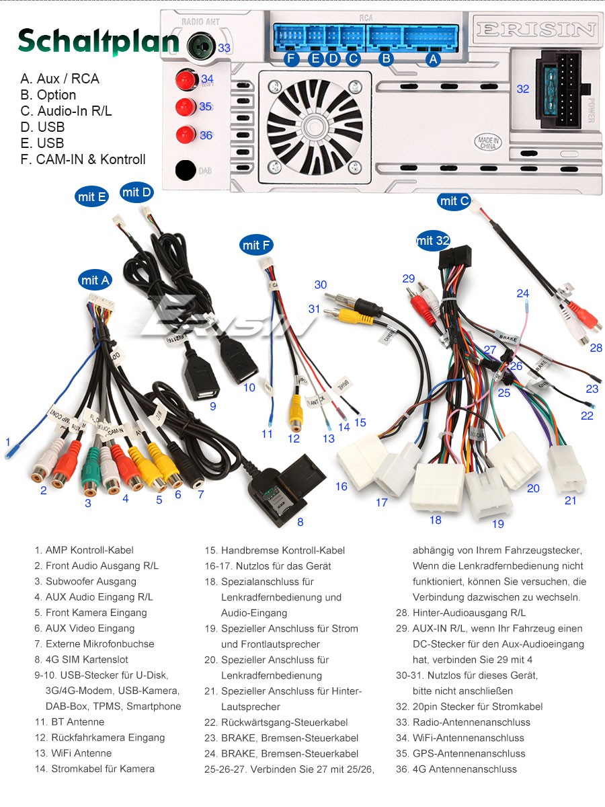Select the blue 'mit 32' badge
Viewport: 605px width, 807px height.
(433, 240)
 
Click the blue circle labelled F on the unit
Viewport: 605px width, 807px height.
(291, 59)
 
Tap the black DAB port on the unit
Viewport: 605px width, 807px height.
(186, 170)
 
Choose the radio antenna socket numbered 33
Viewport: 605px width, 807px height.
(200, 47)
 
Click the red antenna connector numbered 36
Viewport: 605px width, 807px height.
(185, 134)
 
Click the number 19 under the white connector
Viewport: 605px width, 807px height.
(497, 524)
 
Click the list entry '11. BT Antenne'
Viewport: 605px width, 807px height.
(69, 722)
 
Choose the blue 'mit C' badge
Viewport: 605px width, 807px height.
(454, 200)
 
